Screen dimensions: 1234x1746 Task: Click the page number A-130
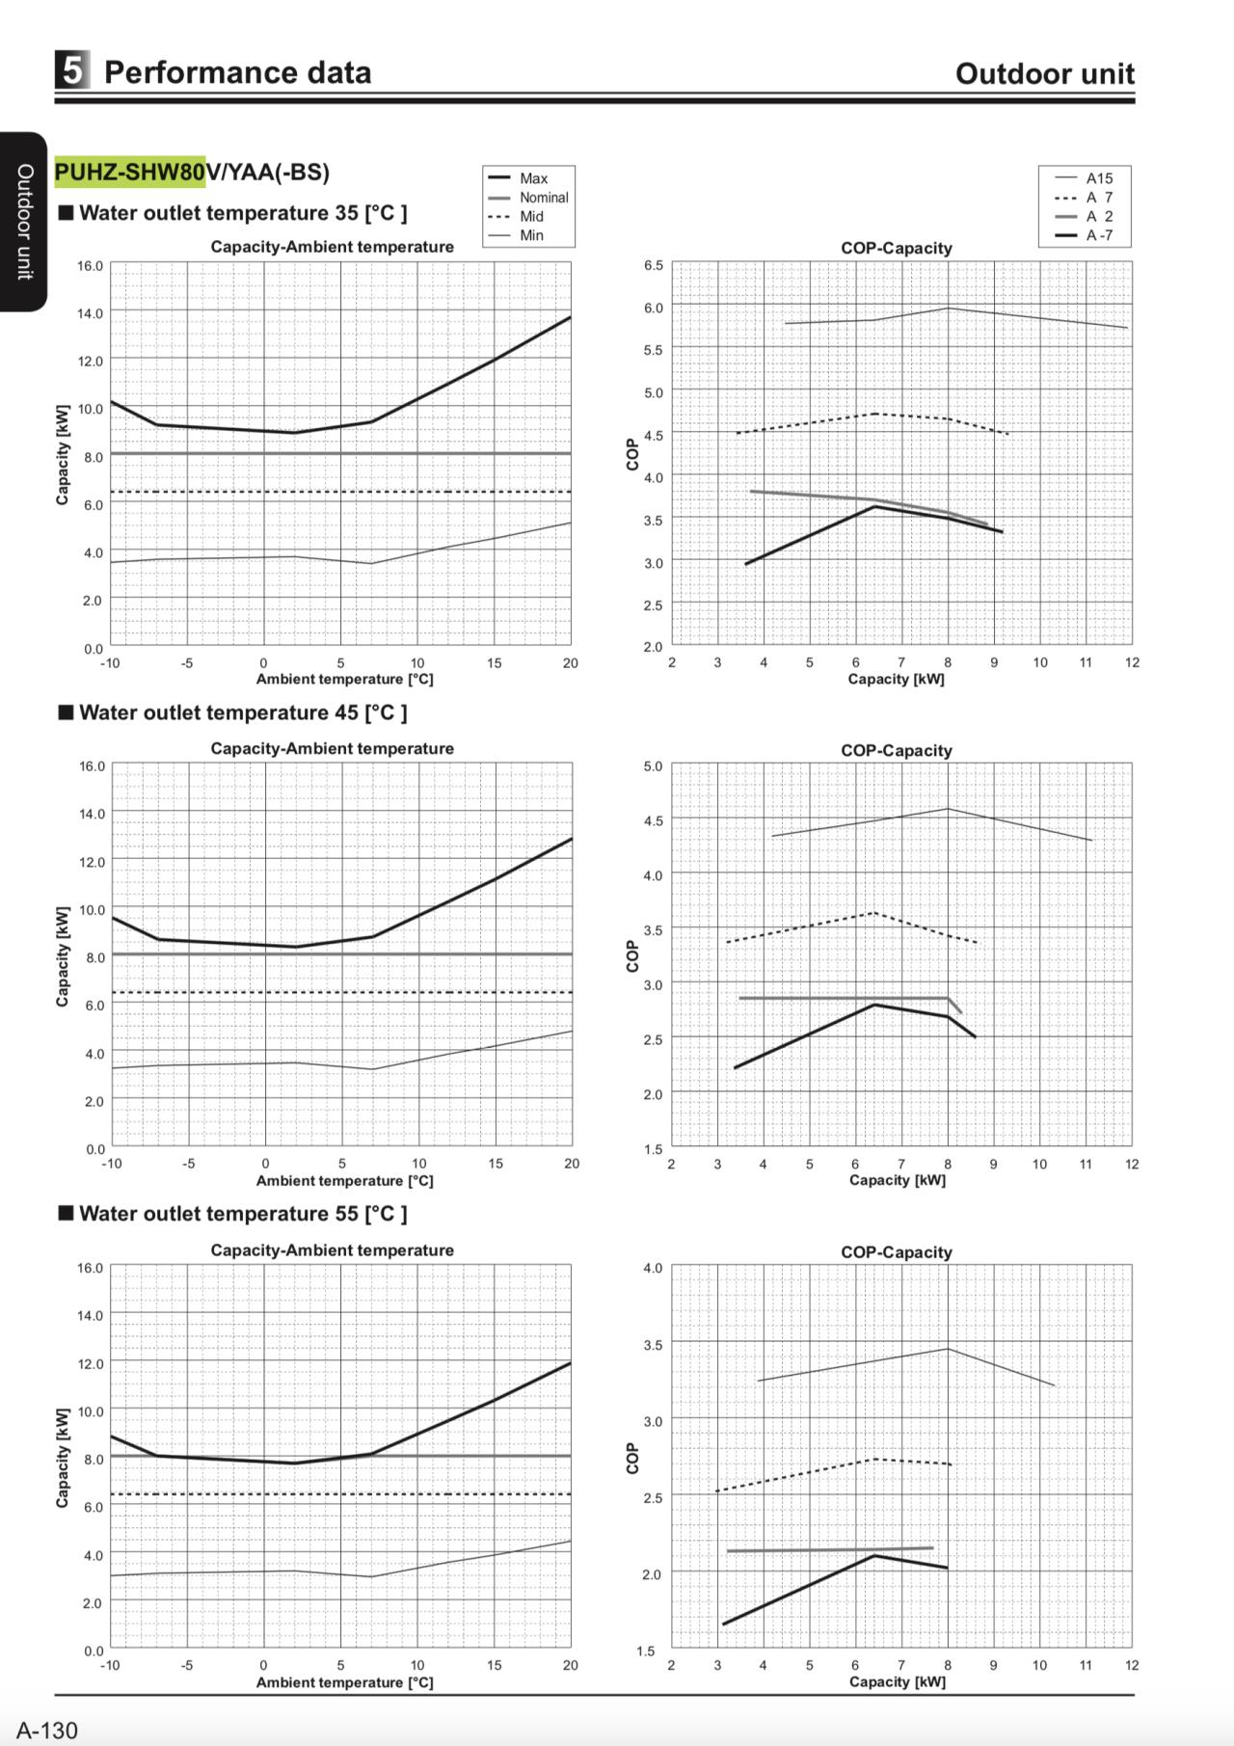46,1730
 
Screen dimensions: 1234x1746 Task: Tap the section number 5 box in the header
72,71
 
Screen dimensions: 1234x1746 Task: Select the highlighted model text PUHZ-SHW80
130,172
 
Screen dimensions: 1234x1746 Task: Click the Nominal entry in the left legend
544,197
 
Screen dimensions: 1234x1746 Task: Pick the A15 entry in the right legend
1099,178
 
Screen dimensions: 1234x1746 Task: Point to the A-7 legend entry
1099,235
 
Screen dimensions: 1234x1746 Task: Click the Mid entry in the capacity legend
531,216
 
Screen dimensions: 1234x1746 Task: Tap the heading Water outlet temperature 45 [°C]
243,712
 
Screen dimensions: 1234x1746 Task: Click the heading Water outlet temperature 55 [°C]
243,1214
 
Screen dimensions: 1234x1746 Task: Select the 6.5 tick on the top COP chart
653,265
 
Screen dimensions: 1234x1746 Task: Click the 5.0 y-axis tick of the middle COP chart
653,766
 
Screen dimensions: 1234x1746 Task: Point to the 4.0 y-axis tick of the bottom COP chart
653,1268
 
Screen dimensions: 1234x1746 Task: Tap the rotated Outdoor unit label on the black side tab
25,222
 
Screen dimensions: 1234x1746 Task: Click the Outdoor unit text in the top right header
1045,73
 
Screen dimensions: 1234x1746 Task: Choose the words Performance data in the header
237,72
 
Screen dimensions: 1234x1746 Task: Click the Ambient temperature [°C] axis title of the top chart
344,679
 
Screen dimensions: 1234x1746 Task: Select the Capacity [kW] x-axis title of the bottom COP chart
898,1681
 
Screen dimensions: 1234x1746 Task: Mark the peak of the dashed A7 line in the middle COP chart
873,912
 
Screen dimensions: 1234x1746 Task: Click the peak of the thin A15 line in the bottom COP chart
948,1349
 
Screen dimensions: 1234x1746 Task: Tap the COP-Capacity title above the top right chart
897,248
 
